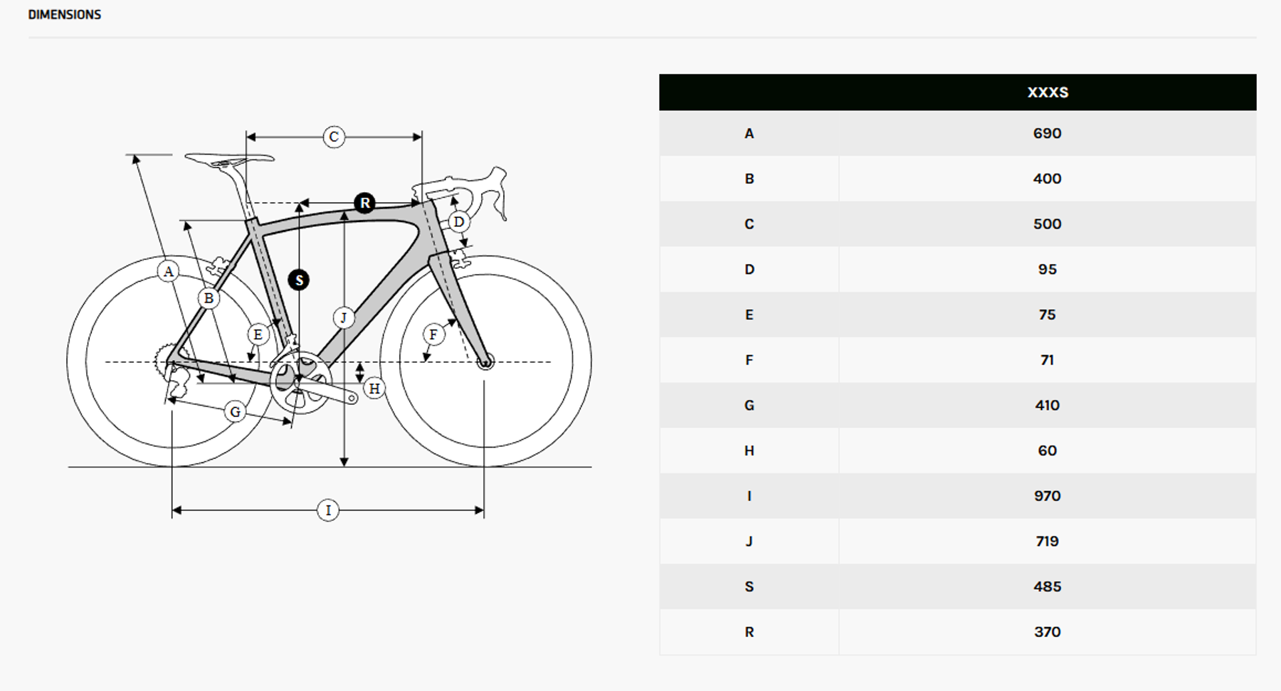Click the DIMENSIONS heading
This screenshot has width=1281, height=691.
(x=65, y=15)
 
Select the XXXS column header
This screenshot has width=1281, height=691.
(x=1047, y=92)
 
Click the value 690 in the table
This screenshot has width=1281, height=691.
(x=1047, y=133)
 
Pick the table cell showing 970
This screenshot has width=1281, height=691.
(x=1047, y=496)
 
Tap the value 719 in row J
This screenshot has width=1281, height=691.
(x=1047, y=542)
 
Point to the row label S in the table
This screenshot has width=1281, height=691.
(x=749, y=587)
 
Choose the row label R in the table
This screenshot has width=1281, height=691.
(x=749, y=632)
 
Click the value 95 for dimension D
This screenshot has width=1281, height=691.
(x=1047, y=269)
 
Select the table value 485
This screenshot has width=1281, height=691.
(x=1047, y=587)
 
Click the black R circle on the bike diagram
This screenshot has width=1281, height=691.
(x=364, y=203)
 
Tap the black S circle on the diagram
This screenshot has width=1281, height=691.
(x=299, y=280)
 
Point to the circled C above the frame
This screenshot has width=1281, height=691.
(x=334, y=137)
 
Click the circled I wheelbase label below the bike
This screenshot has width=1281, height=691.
(x=328, y=510)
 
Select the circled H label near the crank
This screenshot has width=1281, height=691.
(x=374, y=388)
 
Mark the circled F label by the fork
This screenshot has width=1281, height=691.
(x=434, y=334)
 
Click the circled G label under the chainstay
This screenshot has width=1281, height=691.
(x=235, y=412)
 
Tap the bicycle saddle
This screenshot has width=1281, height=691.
(x=230, y=159)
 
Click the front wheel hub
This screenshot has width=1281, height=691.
(x=485, y=362)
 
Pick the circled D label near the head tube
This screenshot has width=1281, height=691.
(x=458, y=221)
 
